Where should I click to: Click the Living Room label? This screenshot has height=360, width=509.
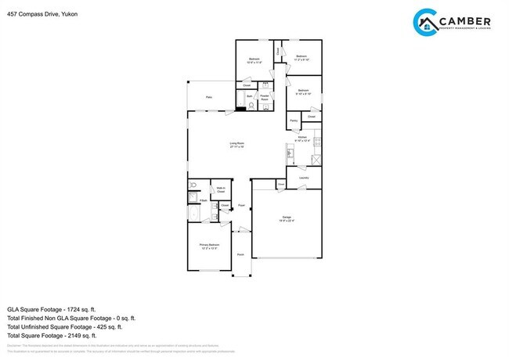click(236, 144)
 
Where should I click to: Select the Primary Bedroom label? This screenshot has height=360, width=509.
click(208, 246)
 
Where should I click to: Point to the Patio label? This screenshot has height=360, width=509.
click(209, 96)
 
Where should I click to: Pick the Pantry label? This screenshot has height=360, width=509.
click(293, 121)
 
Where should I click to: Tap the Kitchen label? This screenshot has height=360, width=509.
click(302, 139)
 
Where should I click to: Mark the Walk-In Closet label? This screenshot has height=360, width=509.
click(221, 189)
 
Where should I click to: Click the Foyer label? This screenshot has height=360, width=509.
click(242, 206)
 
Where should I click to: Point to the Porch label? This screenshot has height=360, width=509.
click(240, 254)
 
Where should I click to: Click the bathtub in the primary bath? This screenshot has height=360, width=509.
click(194, 212)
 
